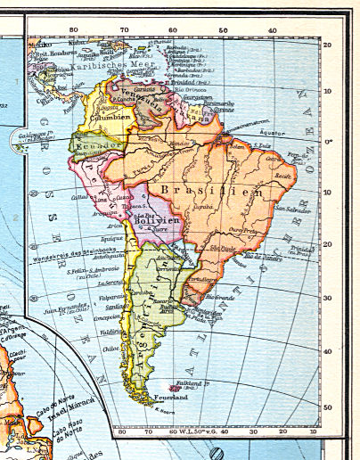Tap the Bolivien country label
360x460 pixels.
click(158, 219)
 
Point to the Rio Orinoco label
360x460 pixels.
click(189, 89)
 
